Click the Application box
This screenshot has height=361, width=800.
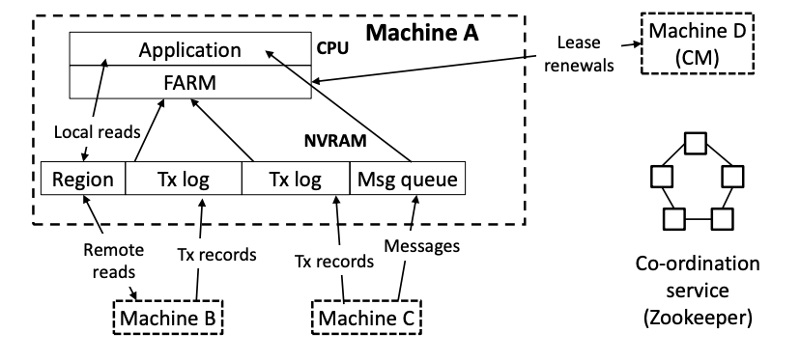pyautogui.click(x=189, y=49)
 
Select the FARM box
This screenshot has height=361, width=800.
pyautogui.click(x=189, y=82)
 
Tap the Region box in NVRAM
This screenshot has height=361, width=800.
pyautogui.click(x=83, y=179)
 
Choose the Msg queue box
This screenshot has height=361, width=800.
pyautogui.click(x=408, y=179)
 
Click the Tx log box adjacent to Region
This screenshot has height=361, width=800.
pyautogui.click(x=184, y=179)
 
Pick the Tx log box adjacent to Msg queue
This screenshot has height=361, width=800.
pyautogui.click(x=296, y=179)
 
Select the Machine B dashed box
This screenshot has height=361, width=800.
pyautogui.click(x=168, y=318)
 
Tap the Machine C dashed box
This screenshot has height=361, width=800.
pyautogui.click(x=367, y=318)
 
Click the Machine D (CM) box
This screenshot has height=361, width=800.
pyautogui.click(x=698, y=43)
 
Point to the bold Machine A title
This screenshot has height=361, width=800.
pyautogui.click(x=422, y=33)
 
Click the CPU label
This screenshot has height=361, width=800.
pyautogui.click(x=332, y=48)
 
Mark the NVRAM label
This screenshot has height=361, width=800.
pyautogui.click(x=335, y=141)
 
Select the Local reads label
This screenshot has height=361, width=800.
pyautogui.click(x=97, y=132)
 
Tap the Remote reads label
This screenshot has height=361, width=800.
pyautogui.click(x=114, y=261)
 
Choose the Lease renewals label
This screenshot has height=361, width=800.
pyautogui.click(x=578, y=53)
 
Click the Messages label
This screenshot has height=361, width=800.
pyautogui.click(x=422, y=246)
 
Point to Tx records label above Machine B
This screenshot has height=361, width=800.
pyautogui.click(x=216, y=254)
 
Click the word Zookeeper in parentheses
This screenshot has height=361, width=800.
pyautogui.click(x=698, y=318)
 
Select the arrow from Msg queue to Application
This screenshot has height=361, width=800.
pyautogui.click(x=338, y=105)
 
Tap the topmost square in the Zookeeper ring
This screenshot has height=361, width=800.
pyautogui.click(x=696, y=143)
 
